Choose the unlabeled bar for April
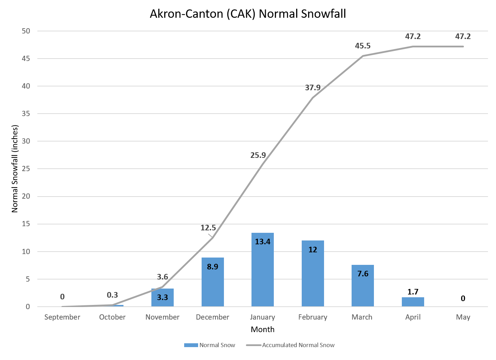413,302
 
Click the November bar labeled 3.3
162,298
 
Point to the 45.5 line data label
362,46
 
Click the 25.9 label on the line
258,155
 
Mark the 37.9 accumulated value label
313,88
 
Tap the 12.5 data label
208,228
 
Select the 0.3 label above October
112,295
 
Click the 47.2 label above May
463,37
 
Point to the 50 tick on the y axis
26,31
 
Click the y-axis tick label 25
26,169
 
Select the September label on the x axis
62,317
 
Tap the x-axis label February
313,317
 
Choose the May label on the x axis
463,317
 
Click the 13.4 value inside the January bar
262,242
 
